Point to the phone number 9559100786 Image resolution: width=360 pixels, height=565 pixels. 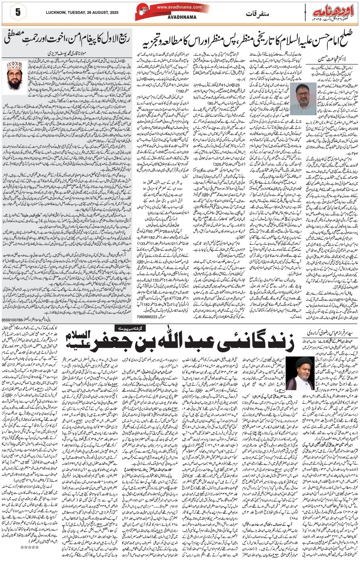(13, 320)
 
